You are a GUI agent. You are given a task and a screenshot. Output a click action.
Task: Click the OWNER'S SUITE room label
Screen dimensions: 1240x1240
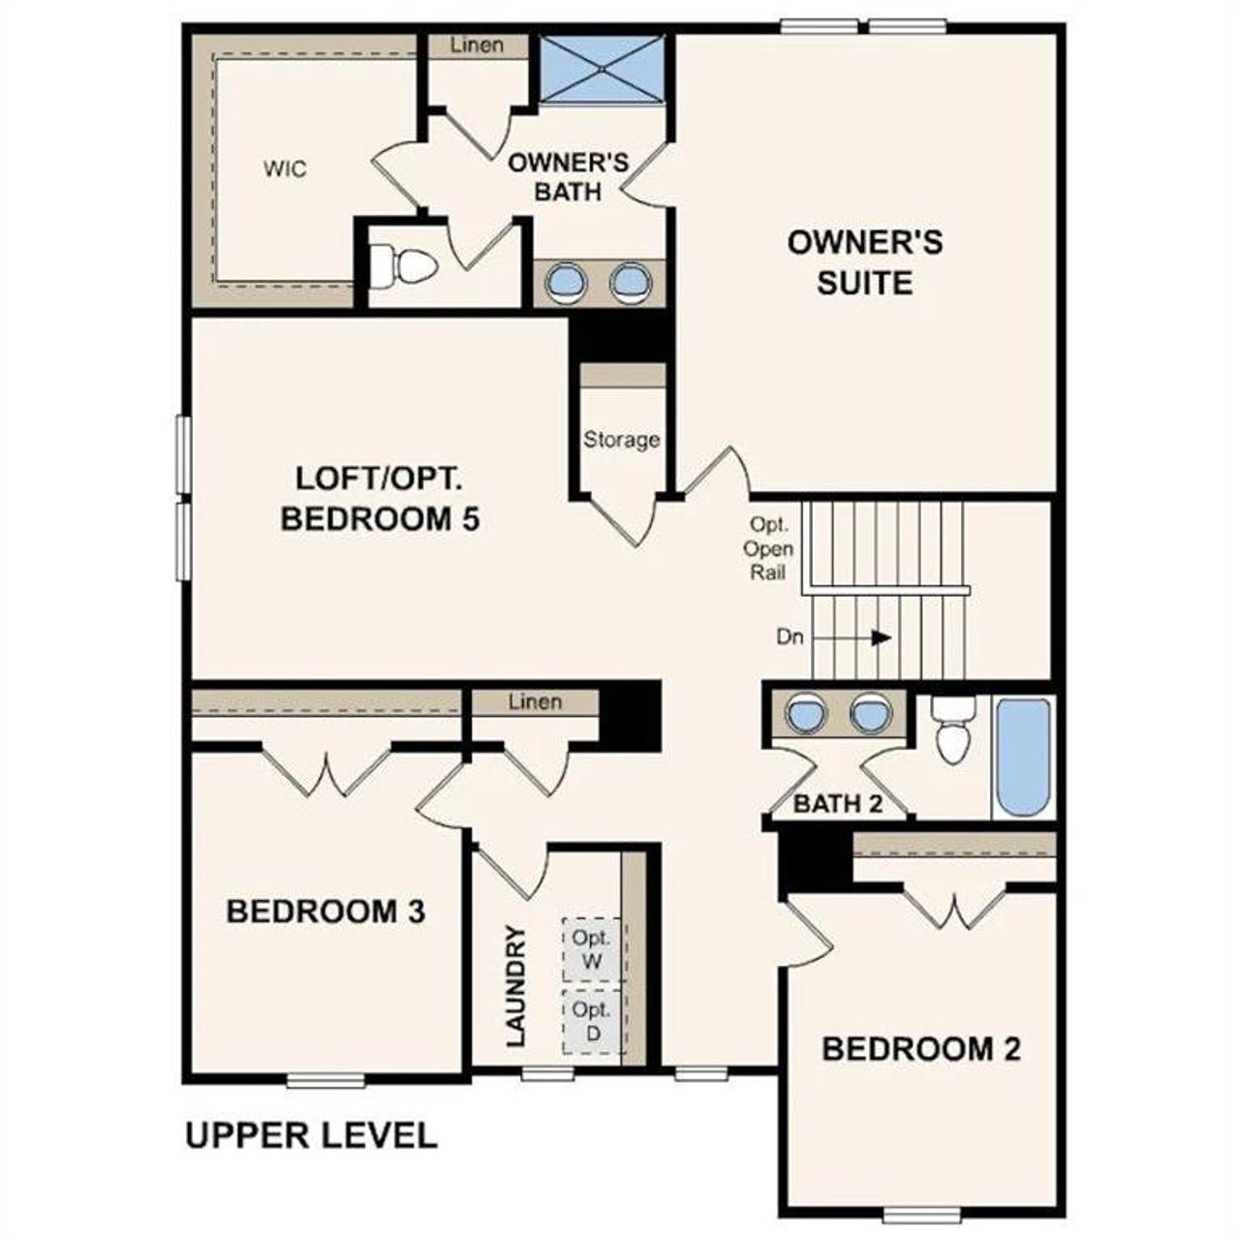pyautogui.click(x=864, y=263)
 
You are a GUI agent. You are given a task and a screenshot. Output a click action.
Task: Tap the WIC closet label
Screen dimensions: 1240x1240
pyautogui.click(x=285, y=170)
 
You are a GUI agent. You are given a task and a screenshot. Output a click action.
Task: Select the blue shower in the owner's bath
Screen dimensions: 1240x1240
pyautogui.click(x=602, y=68)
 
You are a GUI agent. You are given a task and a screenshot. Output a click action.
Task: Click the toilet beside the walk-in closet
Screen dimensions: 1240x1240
pyautogui.click(x=403, y=266)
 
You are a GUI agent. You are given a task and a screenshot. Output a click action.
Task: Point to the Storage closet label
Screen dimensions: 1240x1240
pyautogui.click(x=621, y=440)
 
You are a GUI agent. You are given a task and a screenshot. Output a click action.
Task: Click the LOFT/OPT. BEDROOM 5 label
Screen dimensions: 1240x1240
pyautogui.click(x=380, y=499)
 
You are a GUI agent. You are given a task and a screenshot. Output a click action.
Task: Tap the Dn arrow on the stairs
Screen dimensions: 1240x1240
pyautogui.click(x=880, y=637)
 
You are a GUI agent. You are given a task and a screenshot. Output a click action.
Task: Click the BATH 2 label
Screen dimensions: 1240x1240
pyautogui.click(x=838, y=803)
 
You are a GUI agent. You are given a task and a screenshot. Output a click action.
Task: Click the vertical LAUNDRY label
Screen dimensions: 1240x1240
pyautogui.click(x=515, y=986)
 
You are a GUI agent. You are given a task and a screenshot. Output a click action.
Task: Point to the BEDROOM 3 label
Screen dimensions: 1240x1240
pyautogui.click(x=325, y=912)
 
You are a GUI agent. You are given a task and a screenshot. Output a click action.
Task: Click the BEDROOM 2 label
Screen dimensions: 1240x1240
pyautogui.click(x=921, y=1049)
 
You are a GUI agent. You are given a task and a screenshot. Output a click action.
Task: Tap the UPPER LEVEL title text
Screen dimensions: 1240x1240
pyautogui.click(x=311, y=1135)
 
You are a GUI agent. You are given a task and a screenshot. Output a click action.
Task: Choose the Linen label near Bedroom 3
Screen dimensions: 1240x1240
pyautogui.click(x=535, y=701)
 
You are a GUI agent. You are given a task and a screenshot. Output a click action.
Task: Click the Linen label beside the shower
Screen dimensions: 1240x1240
pyautogui.click(x=478, y=45)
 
